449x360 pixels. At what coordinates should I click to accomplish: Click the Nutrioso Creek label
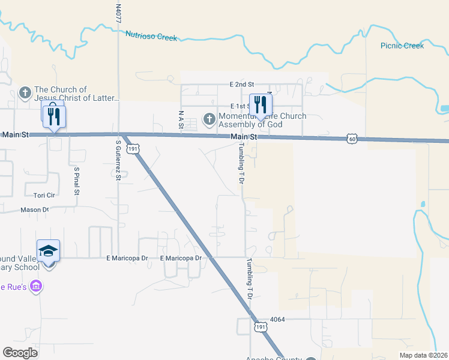151,36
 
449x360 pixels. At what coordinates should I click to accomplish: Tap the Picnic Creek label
402,46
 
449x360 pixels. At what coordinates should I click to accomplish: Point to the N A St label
180,119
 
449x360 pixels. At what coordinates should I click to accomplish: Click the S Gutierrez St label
118,160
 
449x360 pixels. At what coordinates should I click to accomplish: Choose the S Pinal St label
77,181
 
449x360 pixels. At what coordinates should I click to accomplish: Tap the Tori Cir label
44,196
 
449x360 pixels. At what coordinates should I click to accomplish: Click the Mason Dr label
34,210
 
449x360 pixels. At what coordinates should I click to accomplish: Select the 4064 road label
276,319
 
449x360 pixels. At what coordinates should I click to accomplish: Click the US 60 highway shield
352,139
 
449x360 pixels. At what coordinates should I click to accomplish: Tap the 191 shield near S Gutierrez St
134,148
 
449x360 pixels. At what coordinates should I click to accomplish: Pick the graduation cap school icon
49,250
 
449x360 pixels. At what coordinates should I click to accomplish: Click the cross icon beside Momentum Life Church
209,119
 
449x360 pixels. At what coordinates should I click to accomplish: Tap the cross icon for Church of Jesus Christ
25,92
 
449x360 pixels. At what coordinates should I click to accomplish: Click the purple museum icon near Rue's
36,286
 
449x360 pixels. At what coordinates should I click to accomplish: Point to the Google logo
20,352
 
